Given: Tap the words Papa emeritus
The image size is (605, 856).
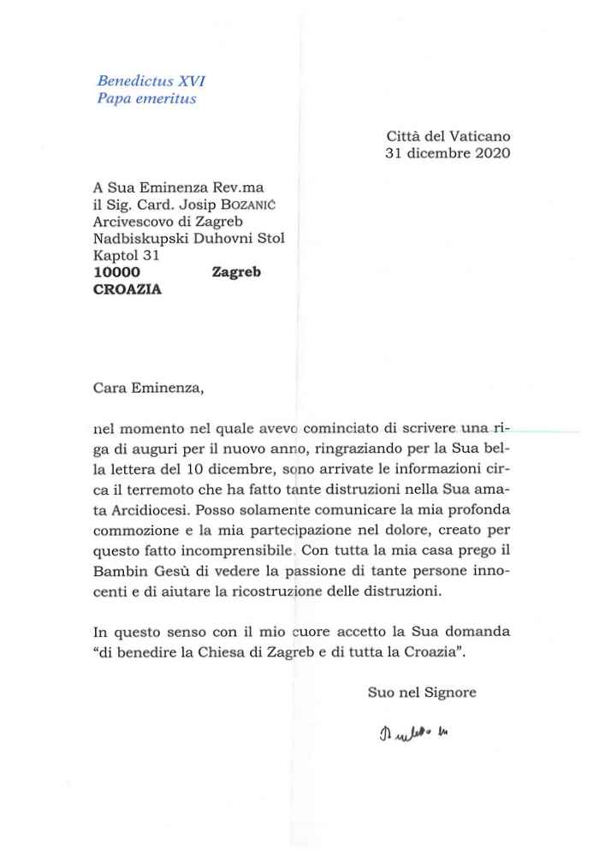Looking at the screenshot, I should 146,98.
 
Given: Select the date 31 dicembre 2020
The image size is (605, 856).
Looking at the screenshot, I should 448,153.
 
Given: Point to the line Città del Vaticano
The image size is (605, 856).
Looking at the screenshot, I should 448,136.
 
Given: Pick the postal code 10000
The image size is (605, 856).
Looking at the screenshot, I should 116,271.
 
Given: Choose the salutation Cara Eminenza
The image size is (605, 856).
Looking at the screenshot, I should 148,386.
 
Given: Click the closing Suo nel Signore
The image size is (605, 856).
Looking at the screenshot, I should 422,693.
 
